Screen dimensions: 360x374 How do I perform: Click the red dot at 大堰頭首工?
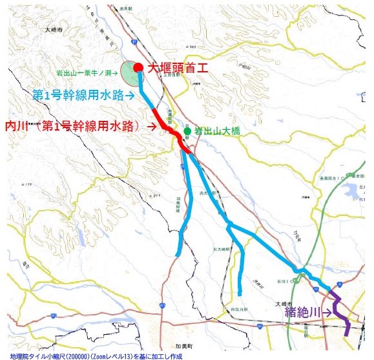138,67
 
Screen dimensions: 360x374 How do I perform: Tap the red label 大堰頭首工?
176,67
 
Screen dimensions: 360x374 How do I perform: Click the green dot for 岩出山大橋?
187,131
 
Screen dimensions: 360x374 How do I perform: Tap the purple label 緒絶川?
306,312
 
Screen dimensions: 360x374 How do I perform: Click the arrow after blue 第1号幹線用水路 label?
130,96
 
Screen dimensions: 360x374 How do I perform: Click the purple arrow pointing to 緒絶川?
331,313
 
